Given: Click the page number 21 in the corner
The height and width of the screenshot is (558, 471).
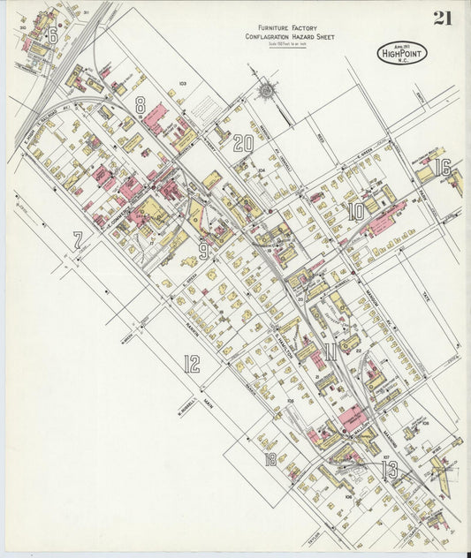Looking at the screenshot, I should (443, 18).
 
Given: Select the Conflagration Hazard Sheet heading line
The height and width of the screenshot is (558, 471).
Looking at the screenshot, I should (281, 37).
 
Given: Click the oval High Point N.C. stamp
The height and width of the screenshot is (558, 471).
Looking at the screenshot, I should (401, 53).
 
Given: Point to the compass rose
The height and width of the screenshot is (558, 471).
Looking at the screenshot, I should (265, 89).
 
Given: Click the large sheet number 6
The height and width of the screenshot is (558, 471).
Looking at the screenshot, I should (53, 35).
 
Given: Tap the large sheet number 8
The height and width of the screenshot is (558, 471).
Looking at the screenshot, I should (140, 106).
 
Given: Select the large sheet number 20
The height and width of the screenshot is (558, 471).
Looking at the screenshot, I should (243, 143).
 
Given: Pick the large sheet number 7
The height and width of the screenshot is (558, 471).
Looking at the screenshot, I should (78, 239).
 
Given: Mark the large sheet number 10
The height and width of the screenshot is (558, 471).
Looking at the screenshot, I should (355, 212).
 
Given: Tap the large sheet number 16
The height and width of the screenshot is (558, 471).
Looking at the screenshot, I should (443, 167).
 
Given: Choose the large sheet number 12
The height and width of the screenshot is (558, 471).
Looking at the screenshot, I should (191, 363).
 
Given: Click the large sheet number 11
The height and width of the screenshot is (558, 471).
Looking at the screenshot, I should (330, 354).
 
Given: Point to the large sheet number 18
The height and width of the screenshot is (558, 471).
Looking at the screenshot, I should (270, 459).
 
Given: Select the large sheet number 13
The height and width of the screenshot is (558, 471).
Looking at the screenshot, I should (389, 469).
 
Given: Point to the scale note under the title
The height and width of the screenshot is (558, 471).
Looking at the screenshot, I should (281, 44).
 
